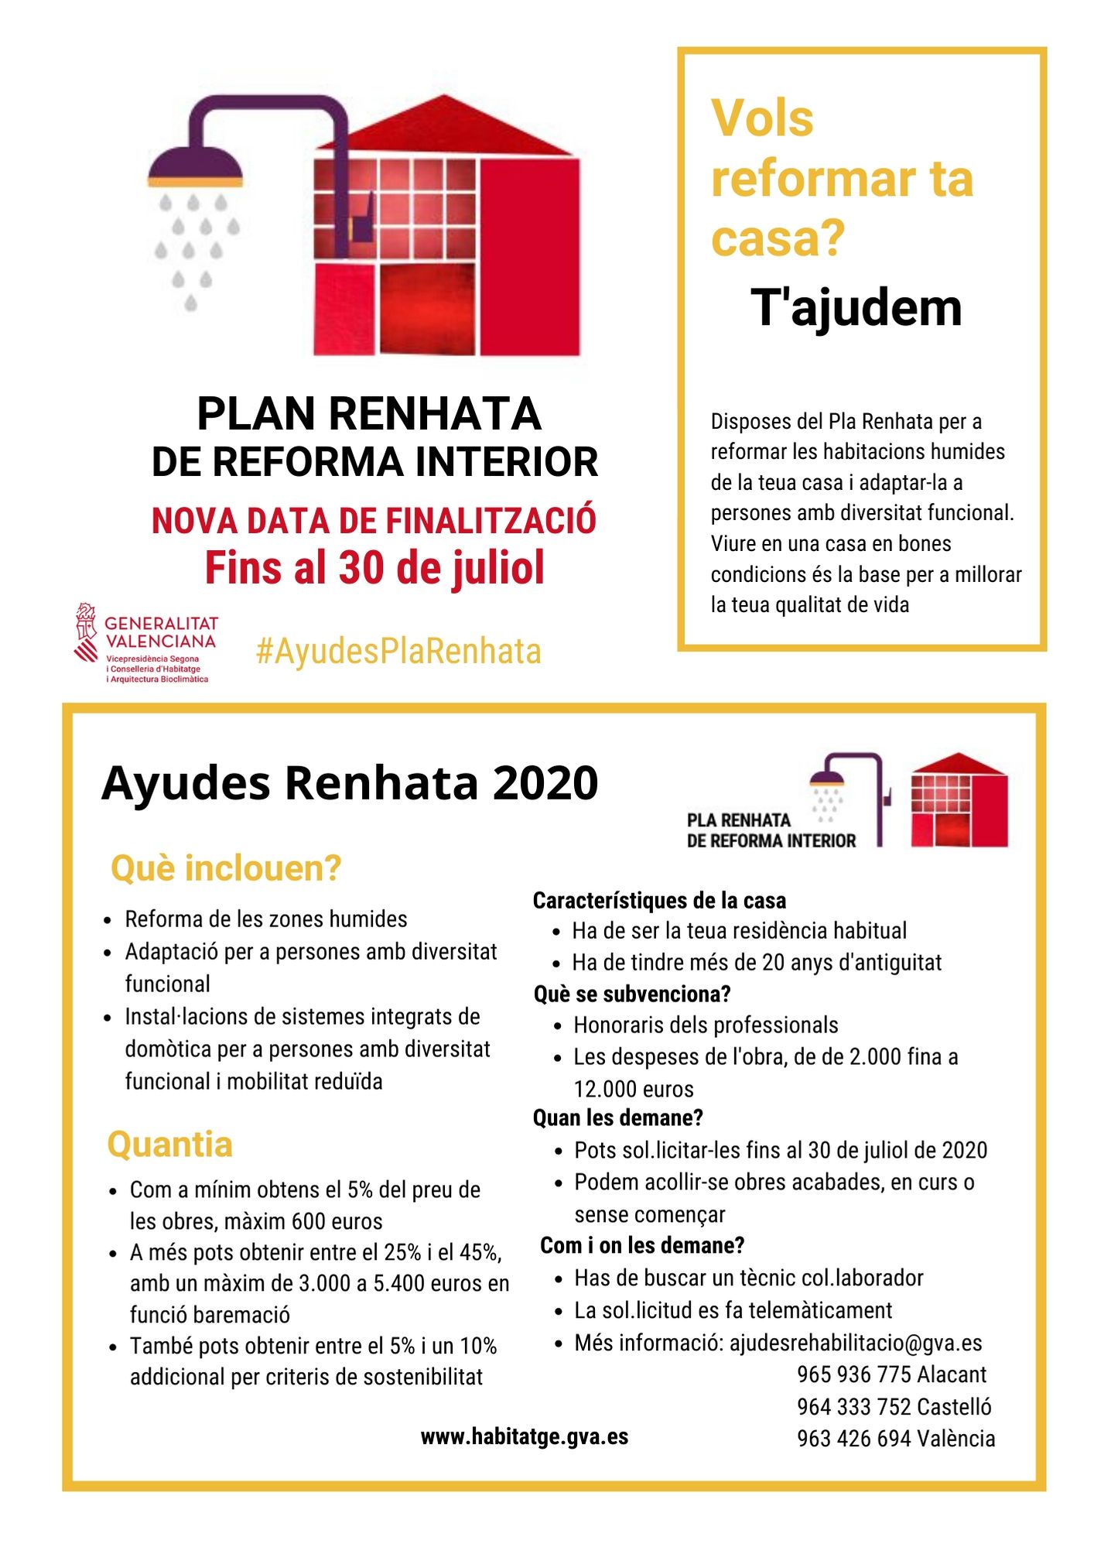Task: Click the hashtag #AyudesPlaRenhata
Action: (x=398, y=652)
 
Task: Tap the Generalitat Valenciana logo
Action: (x=145, y=643)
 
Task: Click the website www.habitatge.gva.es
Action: (x=524, y=1437)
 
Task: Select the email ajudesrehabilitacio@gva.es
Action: (x=856, y=1343)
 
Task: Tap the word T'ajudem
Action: (x=856, y=308)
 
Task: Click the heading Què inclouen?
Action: (x=226, y=868)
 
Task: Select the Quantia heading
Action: (x=169, y=1145)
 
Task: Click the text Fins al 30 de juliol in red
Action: (x=374, y=568)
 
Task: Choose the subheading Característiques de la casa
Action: (x=659, y=900)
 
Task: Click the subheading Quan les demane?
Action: (x=617, y=1117)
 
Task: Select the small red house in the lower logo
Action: (x=959, y=801)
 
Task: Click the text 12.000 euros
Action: (x=634, y=1089)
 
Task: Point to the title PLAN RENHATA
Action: (x=369, y=414)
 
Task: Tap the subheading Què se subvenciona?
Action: (x=632, y=994)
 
